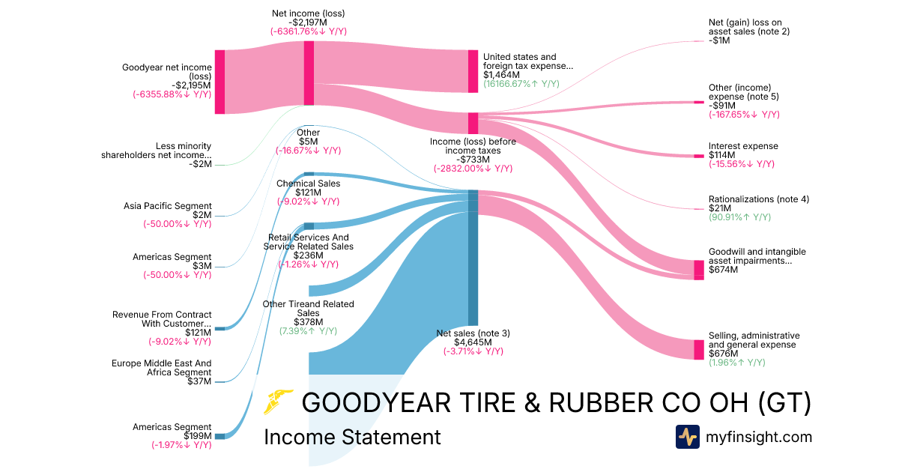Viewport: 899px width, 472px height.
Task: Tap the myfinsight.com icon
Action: (x=687, y=437)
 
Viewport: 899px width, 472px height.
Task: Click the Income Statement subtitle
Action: (x=352, y=437)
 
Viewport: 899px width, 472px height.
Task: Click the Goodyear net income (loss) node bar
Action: (x=220, y=82)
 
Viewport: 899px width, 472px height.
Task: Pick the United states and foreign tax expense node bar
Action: (x=473, y=71)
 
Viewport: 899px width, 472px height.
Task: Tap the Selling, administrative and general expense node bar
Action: (x=698, y=350)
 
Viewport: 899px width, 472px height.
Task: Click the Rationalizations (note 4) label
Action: (x=758, y=199)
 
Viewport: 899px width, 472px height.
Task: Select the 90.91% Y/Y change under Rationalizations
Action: (x=739, y=217)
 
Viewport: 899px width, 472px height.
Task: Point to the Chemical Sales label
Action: (x=308, y=184)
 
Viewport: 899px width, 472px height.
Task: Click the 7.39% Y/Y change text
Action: (x=308, y=330)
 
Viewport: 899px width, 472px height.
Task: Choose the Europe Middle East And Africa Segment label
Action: (x=161, y=367)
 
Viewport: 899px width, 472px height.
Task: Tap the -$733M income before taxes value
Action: (x=473, y=159)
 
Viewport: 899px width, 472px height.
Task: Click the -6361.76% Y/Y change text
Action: (x=308, y=31)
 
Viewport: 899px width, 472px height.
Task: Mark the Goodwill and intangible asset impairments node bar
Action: (x=698, y=270)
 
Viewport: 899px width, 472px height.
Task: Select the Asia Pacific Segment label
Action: (x=167, y=206)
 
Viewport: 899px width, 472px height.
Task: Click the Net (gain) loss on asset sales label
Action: (x=748, y=26)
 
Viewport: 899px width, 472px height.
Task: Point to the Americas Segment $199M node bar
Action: (x=220, y=436)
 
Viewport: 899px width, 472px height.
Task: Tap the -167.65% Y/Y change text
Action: (x=744, y=115)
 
